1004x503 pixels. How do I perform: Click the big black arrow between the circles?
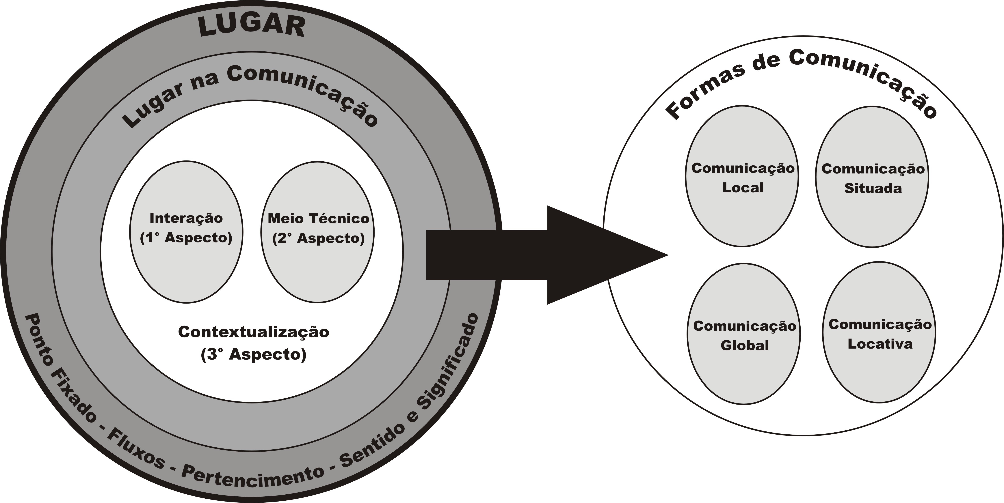546,255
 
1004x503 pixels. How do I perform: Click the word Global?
744,345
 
